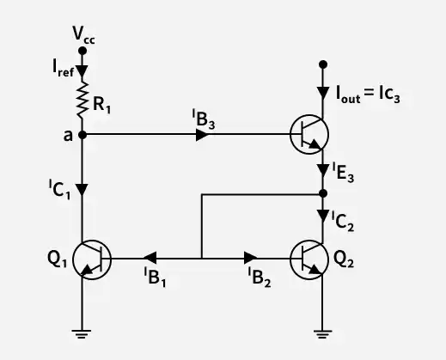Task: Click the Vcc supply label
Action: click(83, 34)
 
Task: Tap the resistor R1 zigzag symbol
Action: click(82, 99)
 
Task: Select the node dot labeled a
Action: click(82, 135)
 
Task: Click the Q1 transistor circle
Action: click(92, 259)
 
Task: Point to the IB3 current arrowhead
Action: click(202, 135)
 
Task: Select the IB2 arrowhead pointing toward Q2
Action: click(251, 258)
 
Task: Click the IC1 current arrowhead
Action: click(82, 190)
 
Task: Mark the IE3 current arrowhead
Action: click(323, 171)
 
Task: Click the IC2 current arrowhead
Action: click(323, 217)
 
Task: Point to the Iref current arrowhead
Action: click(82, 71)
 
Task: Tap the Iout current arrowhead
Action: click(323, 93)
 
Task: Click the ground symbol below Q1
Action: click(82, 334)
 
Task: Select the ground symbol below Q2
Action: click(323, 334)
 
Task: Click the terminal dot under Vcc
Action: click(82, 51)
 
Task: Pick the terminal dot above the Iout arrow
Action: click(323, 64)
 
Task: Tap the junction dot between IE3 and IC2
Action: click(323, 194)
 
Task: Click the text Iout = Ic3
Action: click(368, 94)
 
